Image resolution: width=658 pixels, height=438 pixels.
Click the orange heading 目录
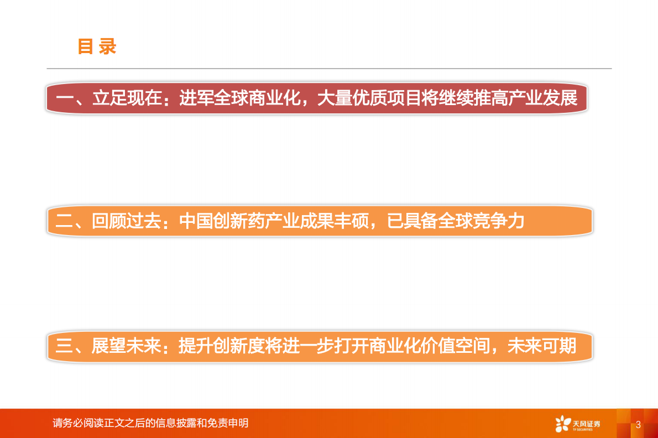click(x=97, y=47)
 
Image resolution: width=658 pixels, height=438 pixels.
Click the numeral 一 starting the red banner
click(x=65, y=98)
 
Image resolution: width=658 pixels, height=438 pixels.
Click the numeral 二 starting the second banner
click(x=65, y=222)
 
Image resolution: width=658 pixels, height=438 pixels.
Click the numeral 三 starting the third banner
click(x=65, y=346)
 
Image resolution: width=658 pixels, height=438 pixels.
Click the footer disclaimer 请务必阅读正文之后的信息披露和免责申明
click(x=150, y=423)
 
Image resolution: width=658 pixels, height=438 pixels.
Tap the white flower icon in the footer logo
click(x=563, y=424)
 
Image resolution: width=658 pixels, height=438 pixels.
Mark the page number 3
click(x=638, y=425)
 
